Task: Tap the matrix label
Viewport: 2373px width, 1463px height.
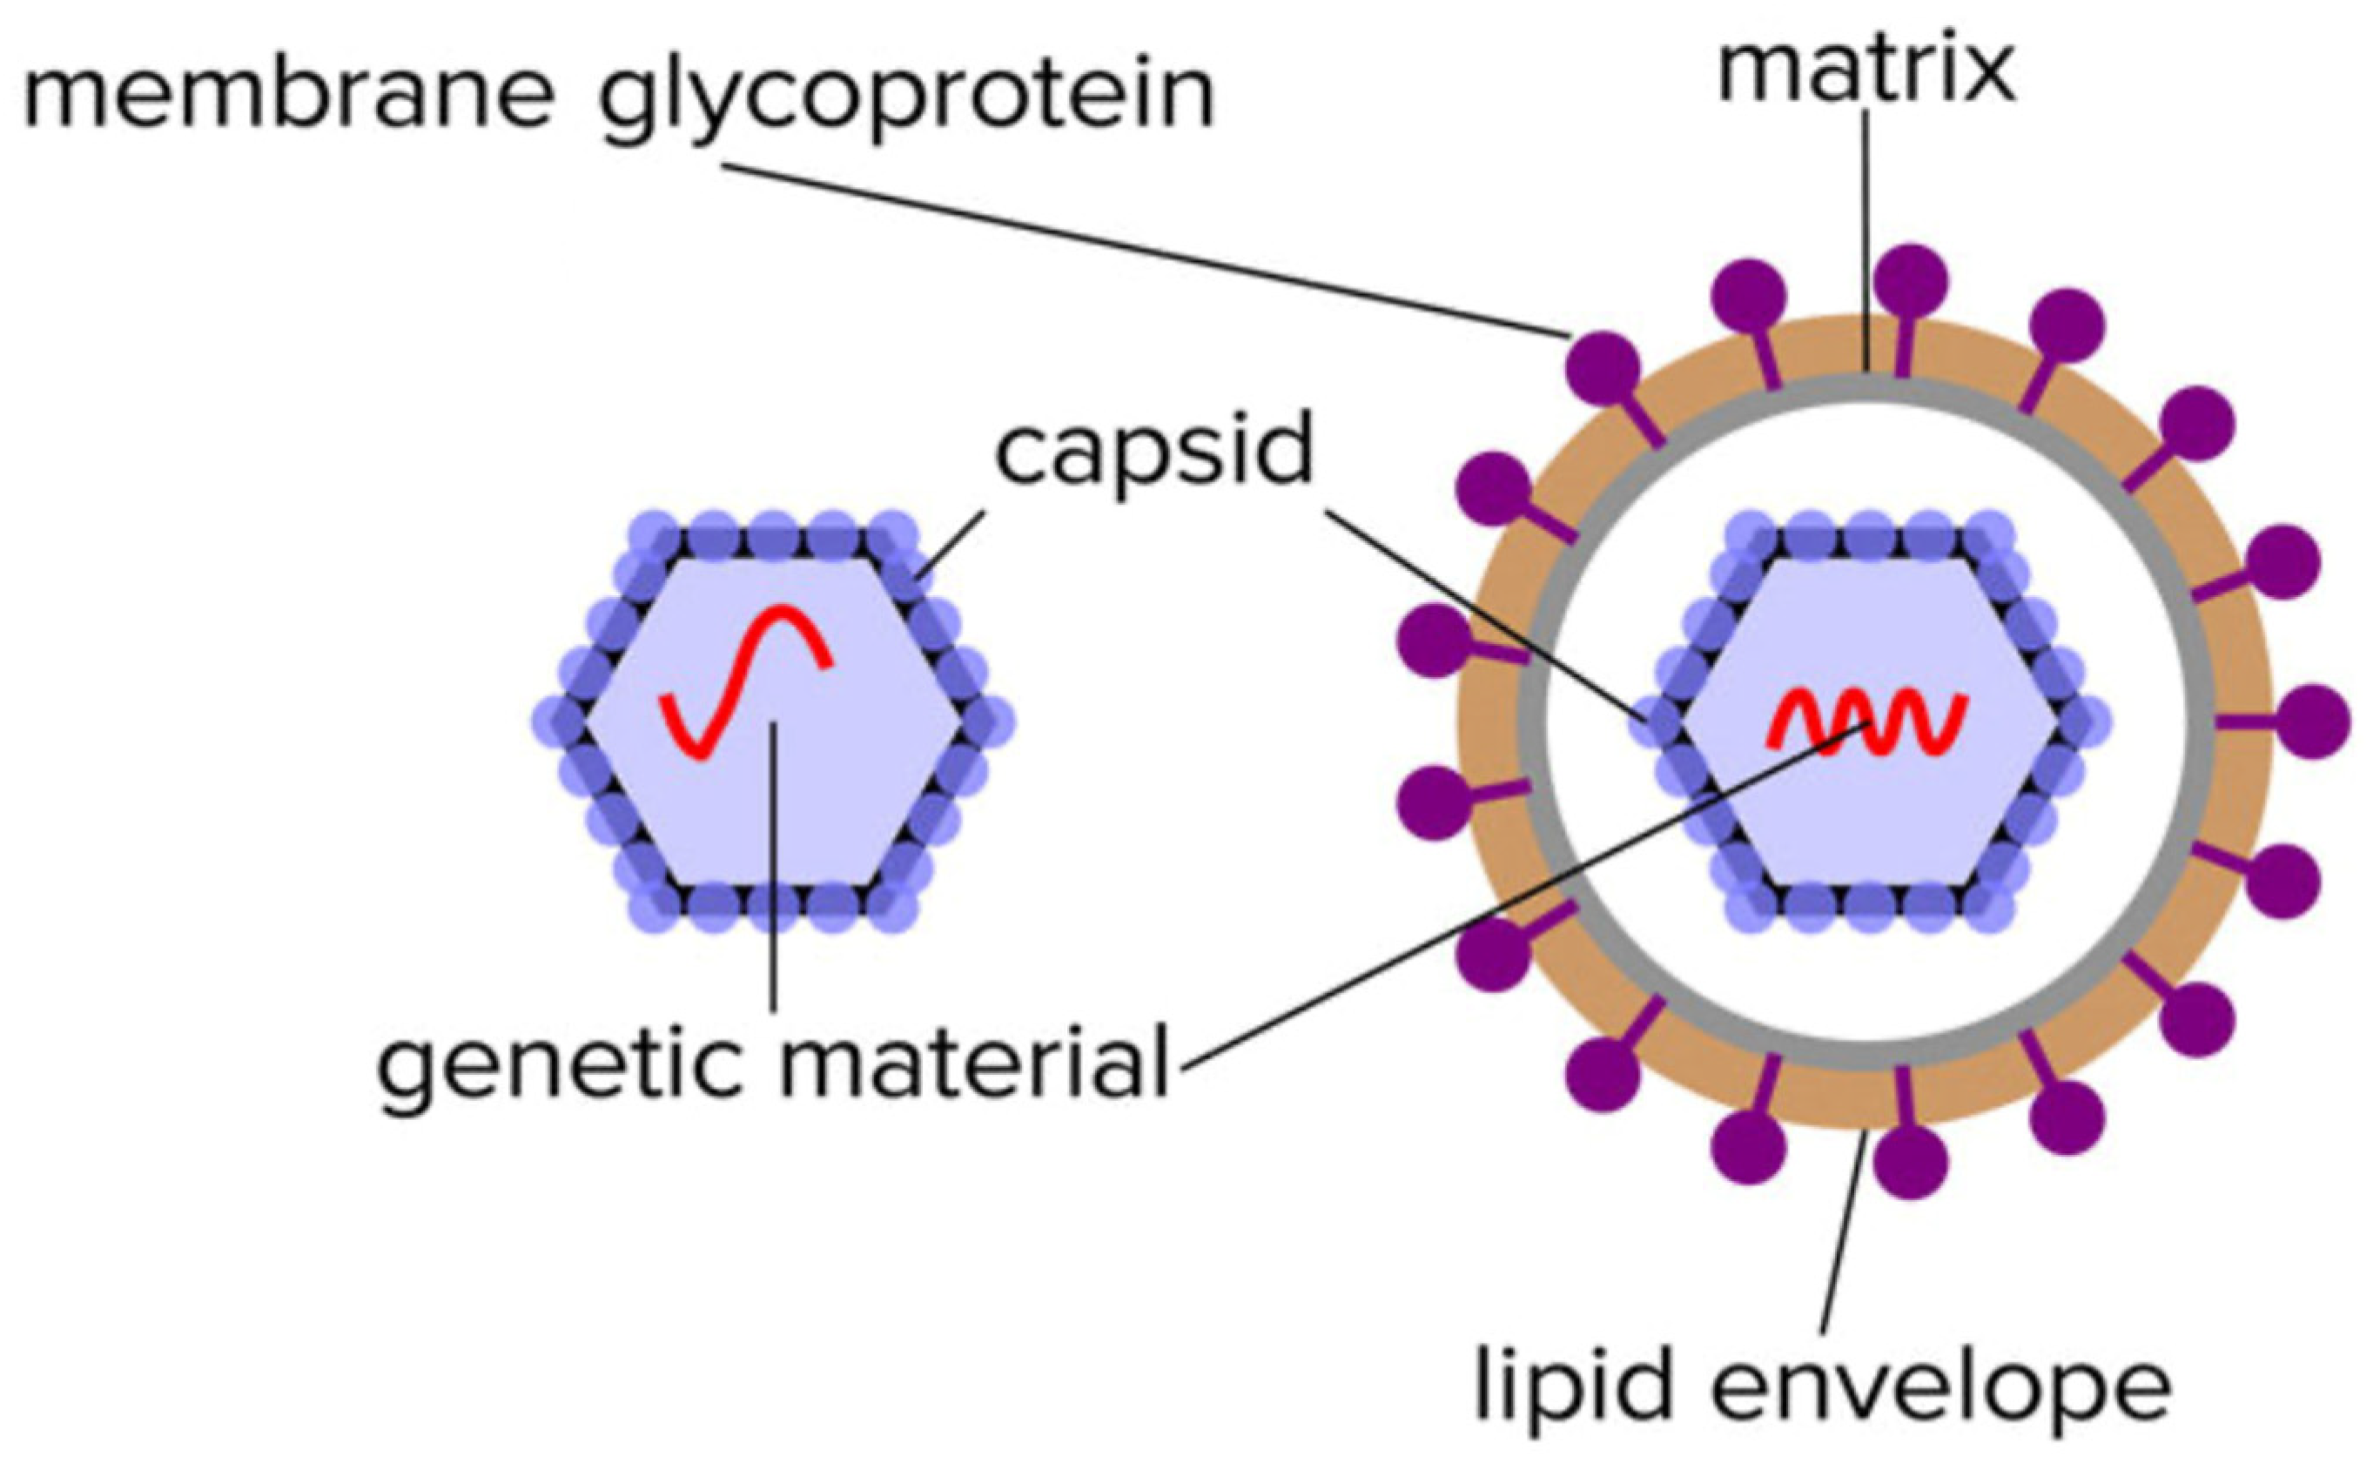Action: [1865, 70]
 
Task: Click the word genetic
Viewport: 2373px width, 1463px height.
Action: [563, 1067]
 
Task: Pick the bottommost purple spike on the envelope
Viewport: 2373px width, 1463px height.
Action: [1911, 1163]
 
